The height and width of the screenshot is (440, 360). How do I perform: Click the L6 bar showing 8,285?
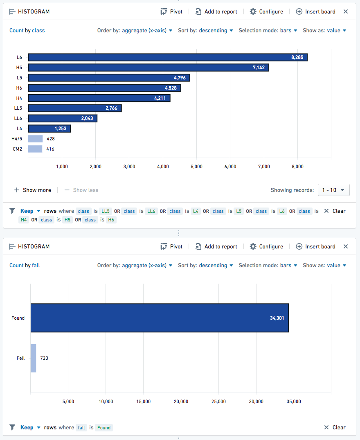[x=168, y=57]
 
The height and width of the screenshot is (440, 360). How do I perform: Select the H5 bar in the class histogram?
[x=148, y=68]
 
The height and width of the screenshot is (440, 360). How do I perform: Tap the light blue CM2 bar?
[x=35, y=149]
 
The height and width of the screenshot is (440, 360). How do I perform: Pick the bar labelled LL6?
[x=63, y=118]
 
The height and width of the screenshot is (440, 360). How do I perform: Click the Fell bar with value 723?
[x=34, y=358]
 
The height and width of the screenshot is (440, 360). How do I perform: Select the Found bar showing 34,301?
[x=160, y=318]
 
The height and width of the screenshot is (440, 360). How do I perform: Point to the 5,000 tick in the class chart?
[x=196, y=167]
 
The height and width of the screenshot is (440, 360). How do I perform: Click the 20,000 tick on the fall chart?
[x=181, y=402]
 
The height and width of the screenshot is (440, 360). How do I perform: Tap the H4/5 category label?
[x=17, y=139]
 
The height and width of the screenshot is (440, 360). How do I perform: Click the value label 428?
[x=51, y=139]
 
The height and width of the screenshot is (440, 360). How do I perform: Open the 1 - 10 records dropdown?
[x=334, y=190]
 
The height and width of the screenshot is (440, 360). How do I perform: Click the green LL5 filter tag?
[x=106, y=211]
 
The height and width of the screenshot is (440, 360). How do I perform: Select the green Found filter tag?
[x=104, y=428]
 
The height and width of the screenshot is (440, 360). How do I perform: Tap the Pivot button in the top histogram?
[x=171, y=11]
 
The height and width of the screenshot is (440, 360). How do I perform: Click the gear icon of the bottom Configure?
[x=253, y=246]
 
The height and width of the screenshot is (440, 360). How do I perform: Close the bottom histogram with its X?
[x=346, y=246]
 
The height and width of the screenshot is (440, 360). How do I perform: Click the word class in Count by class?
[x=38, y=30]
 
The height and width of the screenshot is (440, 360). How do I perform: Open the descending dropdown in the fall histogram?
[x=216, y=266]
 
